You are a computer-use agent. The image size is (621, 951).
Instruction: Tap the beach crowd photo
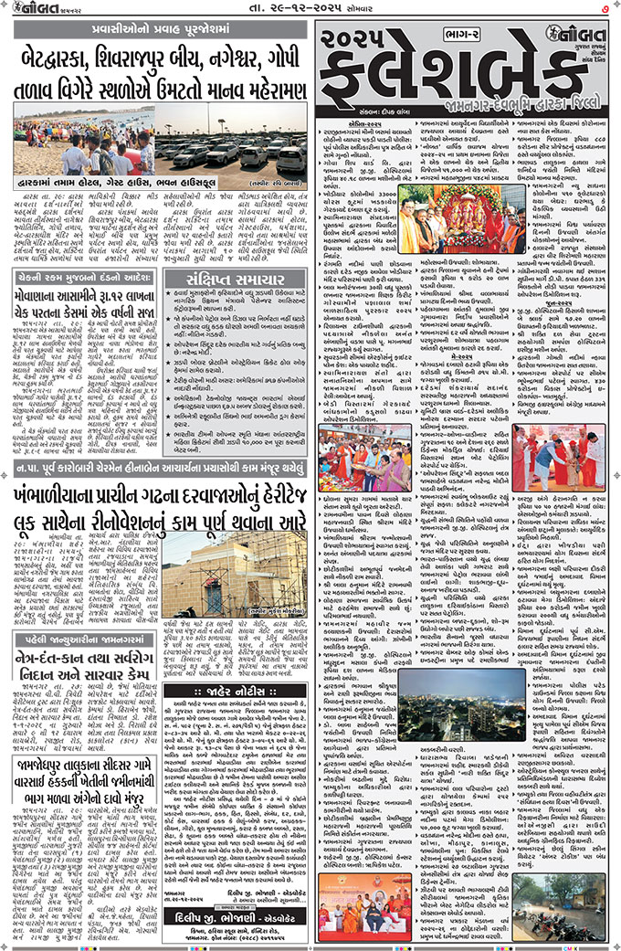pyautogui.click(x=81, y=136)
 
